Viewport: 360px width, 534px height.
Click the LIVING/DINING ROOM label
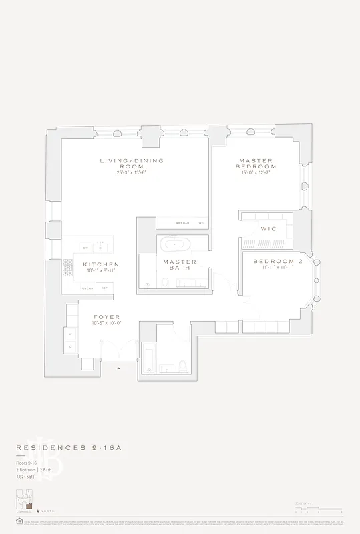pyautogui.click(x=132, y=164)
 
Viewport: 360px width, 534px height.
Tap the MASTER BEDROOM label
pyautogui.click(x=257, y=164)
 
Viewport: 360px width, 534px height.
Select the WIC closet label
pyautogui.click(x=268, y=228)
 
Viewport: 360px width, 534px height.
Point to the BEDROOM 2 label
pyautogui.click(x=278, y=261)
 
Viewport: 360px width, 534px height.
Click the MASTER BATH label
pyautogui.click(x=180, y=265)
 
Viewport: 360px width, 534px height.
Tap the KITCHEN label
pyautogui.click(x=101, y=264)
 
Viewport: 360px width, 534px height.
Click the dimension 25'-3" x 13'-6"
pyautogui.click(x=132, y=172)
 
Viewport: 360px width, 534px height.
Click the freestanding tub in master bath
pyautogui.click(x=174, y=243)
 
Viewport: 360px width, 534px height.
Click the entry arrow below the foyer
pyautogui.click(x=120, y=368)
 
